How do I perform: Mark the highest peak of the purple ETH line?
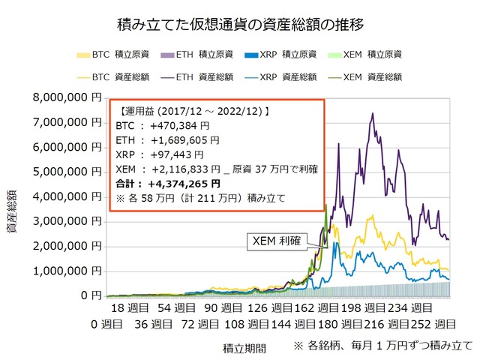click(x=372, y=113)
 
